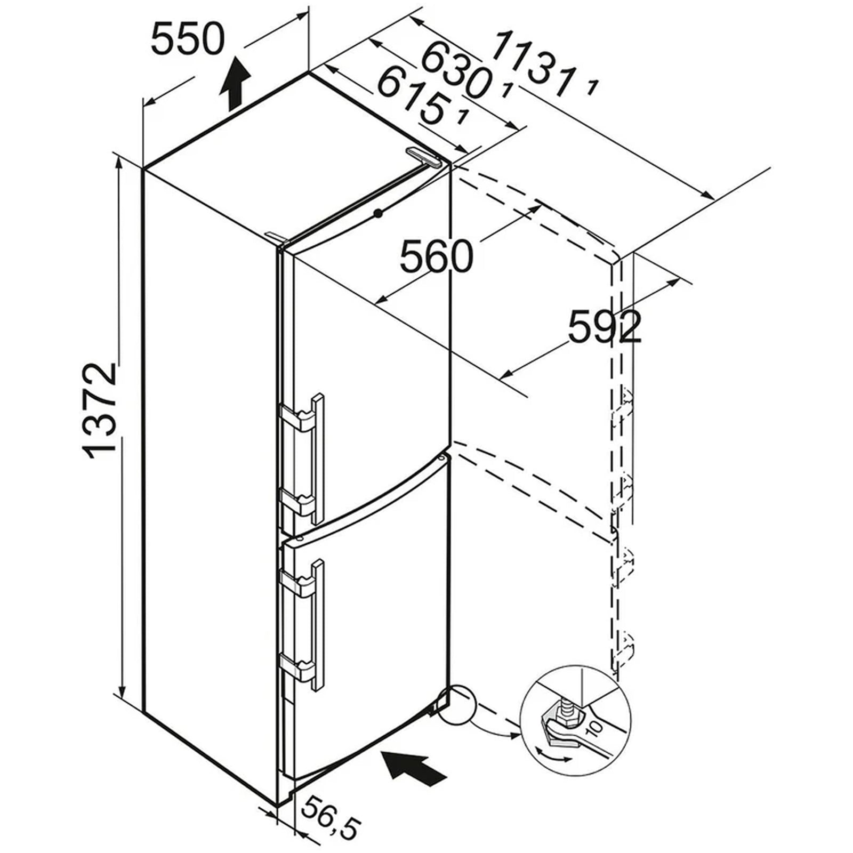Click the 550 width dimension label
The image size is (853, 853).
coord(188,41)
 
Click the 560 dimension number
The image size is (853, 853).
coord(436,256)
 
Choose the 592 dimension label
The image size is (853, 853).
coord(605,326)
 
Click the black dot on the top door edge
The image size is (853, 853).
coord(378,213)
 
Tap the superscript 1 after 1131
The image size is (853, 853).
coord(591,86)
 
